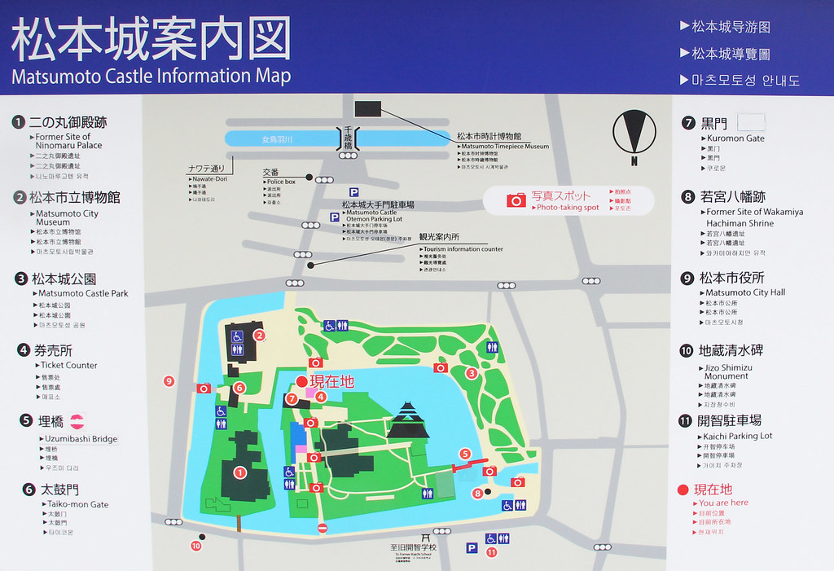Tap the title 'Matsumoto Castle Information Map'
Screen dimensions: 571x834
click(x=151, y=77)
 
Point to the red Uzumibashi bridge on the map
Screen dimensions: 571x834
click(x=465, y=468)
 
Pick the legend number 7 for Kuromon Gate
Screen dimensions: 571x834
click(x=688, y=123)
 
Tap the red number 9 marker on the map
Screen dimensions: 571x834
click(x=169, y=380)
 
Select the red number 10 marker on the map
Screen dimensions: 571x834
click(x=195, y=546)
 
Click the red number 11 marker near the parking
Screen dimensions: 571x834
click(x=491, y=551)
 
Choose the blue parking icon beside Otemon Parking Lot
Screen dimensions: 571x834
click(x=334, y=217)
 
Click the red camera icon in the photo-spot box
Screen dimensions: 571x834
click(x=516, y=200)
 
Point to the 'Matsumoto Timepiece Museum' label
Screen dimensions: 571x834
click(x=503, y=147)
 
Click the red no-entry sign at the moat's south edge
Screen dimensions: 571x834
click(x=322, y=528)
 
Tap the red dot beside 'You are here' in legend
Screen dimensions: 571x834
click(x=683, y=490)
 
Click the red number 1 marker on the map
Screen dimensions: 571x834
click(x=239, y=472)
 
